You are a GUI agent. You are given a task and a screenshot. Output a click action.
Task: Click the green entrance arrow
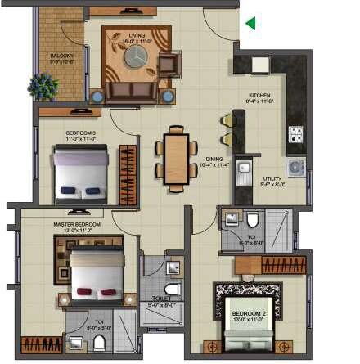[x=250, y=24]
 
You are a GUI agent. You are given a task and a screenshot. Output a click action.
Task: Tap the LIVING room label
[x=137, y=38]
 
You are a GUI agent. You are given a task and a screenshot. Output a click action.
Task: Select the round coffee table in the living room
[x=136, y=56]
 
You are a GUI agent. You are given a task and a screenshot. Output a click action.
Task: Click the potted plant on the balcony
[x=42, y=84]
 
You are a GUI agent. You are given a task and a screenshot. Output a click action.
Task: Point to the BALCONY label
[x=61, y=57]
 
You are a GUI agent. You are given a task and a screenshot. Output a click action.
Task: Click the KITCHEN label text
[x=259, y=98]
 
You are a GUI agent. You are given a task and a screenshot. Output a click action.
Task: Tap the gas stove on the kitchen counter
[x=295, y=134]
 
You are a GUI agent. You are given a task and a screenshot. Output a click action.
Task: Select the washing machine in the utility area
[x=295, y=167]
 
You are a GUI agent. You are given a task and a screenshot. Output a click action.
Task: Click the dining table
[x=176, y=158]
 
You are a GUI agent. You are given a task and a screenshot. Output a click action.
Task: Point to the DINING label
[x=214, y=162]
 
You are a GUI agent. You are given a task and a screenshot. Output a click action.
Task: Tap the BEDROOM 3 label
[x=81, y=135]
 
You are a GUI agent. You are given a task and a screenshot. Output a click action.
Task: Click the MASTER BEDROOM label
[x=83, y=226]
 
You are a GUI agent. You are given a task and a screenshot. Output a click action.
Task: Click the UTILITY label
[x=272, y=181]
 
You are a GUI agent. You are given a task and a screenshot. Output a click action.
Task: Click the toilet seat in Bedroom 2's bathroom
[x=253, y=219]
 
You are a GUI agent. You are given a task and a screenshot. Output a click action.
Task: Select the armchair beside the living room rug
[x=169, y=63]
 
